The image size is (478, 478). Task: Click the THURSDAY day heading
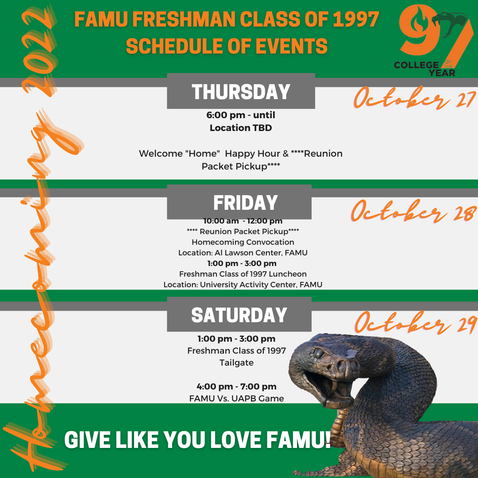click(241, 92)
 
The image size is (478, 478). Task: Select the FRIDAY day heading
click(245, 203)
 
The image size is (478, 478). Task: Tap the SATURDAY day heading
click(239, 315)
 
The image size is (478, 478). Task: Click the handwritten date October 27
click(415, 98)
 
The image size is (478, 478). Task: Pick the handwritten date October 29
click(415, 323)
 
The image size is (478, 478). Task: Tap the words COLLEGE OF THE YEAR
click(424, 69)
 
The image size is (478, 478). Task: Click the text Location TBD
click(241, 128)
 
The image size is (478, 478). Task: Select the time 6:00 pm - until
click(241, 115)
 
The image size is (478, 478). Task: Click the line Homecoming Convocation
click(243, 242)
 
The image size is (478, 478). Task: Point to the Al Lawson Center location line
click(243, 253)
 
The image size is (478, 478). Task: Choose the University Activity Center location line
click(243, 285)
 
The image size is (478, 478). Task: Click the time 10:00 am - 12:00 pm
click(243, 221)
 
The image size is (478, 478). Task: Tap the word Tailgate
click(236, 363)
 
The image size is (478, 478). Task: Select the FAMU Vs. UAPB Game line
click(236, 398)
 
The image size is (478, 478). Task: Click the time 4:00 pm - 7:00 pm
click(236, 386)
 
